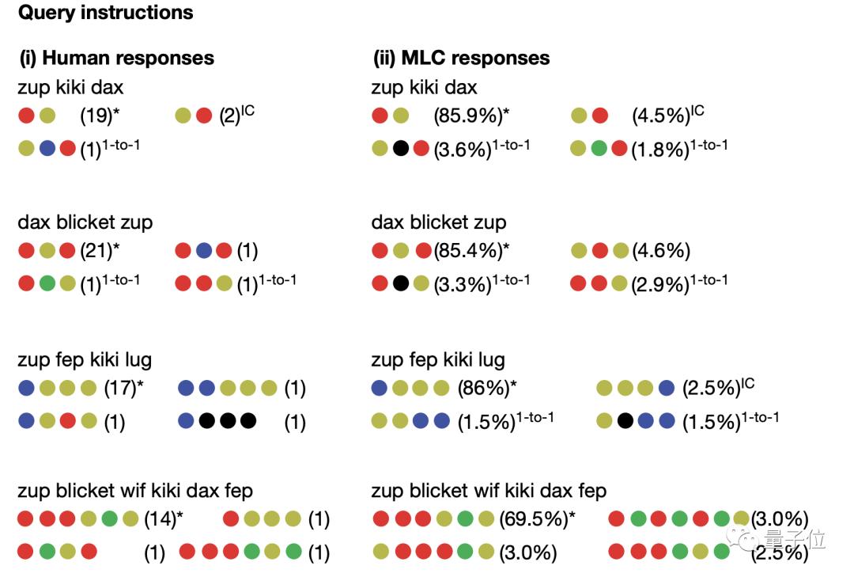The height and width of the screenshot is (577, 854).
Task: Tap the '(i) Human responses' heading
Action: [x=116, y=58]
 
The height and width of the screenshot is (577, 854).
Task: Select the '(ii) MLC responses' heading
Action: [x=461, y=58]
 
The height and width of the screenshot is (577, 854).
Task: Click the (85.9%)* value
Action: [x=471, y=116]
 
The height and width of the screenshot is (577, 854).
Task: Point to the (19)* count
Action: [x=100, y=116]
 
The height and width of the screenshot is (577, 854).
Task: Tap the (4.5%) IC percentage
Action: [x=668, y=115]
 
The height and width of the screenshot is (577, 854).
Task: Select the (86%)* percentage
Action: [x=487, y=388]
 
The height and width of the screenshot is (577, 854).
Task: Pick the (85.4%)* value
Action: [x=471, y=250]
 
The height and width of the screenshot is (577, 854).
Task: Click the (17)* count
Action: [x=123, y=388]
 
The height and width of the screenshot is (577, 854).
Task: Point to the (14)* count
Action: [x=164, y=518]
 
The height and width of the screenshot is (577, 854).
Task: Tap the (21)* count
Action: [x=100, y=250]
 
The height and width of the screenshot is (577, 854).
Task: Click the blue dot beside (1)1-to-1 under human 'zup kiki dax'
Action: [x=47, y=148]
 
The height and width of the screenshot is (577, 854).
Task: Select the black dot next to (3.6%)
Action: [x=401, y=148]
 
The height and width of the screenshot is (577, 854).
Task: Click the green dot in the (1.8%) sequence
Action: [x=599, y=148]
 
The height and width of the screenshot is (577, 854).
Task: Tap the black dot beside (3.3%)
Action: [x=401, y=283]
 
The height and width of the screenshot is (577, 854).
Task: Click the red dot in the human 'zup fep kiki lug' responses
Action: [x=67, y=421]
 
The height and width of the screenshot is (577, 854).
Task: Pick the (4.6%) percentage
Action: [x=661, y=250]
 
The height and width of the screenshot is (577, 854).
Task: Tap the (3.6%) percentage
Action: [x=463, y=149]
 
